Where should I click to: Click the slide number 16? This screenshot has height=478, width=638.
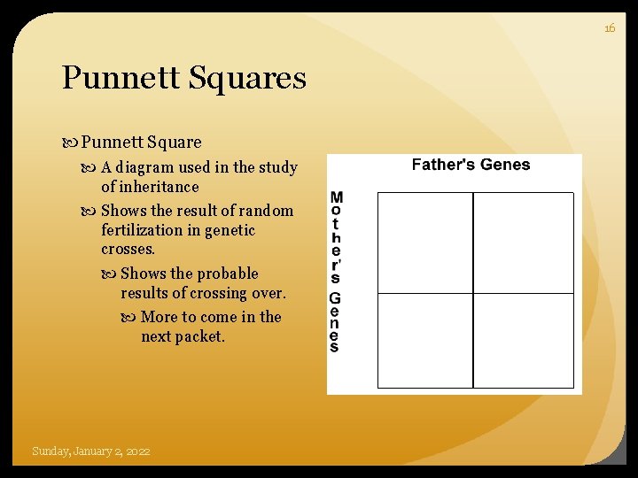[x=610, y=28]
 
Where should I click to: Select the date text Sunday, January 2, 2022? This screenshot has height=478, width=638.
[x=90, y=451]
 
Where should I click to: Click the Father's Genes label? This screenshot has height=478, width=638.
[x=471, y=165]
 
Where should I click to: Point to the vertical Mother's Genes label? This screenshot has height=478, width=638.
[x=335, y=272]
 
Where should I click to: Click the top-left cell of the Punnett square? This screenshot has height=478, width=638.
[x=425, y=242]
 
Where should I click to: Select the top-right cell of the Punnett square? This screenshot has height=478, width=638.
[x=523, y=242]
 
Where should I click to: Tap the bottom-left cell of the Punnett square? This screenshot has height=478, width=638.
[x=425, y=340]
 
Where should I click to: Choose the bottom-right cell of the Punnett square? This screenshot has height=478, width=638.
[x=523, y=340]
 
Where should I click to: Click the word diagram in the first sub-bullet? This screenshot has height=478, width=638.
[x=144, y=167]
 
